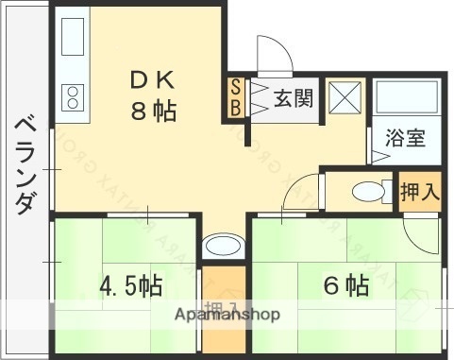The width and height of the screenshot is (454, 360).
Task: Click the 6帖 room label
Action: (345, 284)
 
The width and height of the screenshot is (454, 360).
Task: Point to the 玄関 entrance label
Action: (294, 97)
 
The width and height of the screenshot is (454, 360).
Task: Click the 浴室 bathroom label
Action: (405, 136)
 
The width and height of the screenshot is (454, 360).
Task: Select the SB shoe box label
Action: (236, 97)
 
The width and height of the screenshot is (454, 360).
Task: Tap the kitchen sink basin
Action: (72, 38)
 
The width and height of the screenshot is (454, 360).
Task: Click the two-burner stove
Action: (72, 96)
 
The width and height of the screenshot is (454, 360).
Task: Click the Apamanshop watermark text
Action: (227, 316)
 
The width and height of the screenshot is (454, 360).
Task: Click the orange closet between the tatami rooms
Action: (224, 312)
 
